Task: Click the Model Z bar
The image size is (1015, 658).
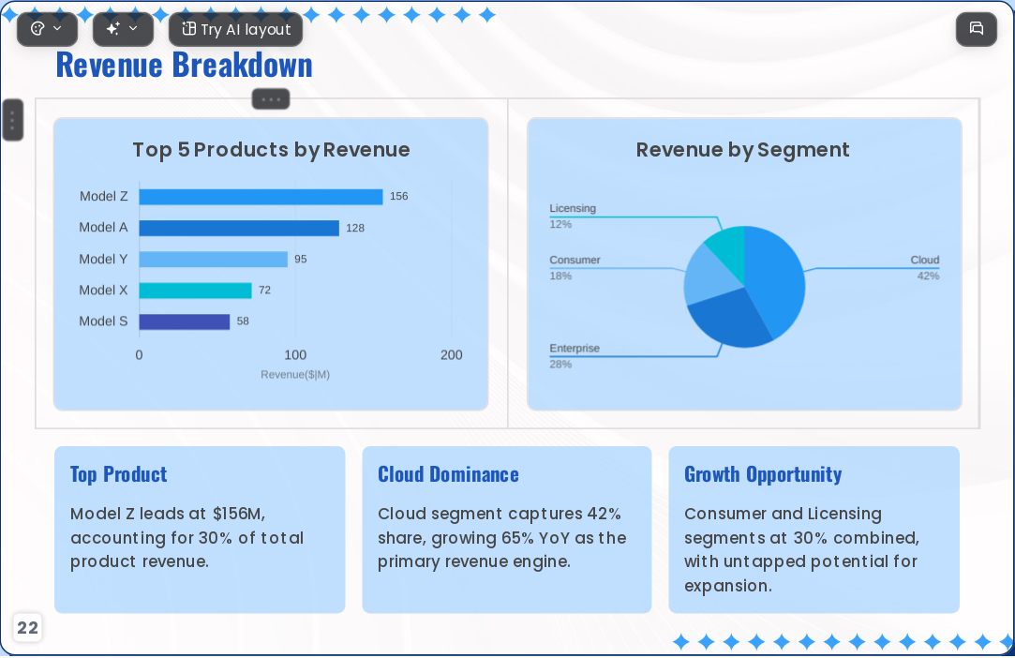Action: (261, 197)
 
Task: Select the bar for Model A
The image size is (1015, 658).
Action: (239, 228)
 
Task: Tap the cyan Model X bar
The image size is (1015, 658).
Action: (196, 291)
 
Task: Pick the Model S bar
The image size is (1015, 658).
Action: (185, 322)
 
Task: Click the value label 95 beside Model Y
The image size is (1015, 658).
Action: (300, 259)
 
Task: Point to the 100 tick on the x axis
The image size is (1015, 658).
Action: (295, 355)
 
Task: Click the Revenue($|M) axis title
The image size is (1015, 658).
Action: (295, 374)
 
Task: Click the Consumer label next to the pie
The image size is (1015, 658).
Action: (575, 260)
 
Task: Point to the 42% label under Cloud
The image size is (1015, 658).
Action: (928, 276)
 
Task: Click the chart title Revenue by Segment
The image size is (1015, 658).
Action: (742, 150)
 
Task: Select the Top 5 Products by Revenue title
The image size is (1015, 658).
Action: (271, 150)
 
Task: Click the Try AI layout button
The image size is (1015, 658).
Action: (235, 29)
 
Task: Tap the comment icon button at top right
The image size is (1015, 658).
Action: (977, 29)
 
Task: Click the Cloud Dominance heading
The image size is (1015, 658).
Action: (448, 474)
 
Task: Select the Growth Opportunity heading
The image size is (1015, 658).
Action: (763, 474)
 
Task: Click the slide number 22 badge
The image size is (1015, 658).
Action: (27, 628)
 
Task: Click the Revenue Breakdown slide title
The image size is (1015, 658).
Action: (184, 65)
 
